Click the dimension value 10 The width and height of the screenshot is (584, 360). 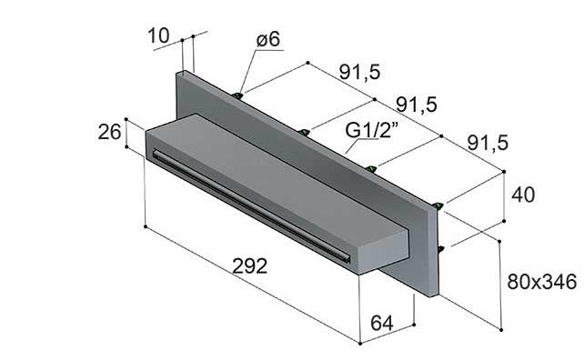(x=158, y=36)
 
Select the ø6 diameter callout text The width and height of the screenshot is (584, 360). (x=268, y=39)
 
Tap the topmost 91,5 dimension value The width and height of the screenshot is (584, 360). (x=360, y=72)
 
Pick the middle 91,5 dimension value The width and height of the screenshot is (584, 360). (x=417, y=105)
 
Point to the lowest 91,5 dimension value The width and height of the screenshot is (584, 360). (x=488, y=143)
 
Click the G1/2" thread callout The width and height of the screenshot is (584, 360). (x=372, y=130)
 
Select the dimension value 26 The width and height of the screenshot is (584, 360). (x=109, y=132)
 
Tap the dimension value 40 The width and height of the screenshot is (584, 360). (x=523, y=195)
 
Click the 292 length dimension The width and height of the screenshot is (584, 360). (x=250, y=266)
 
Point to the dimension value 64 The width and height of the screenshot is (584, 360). (x=382, y=323)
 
